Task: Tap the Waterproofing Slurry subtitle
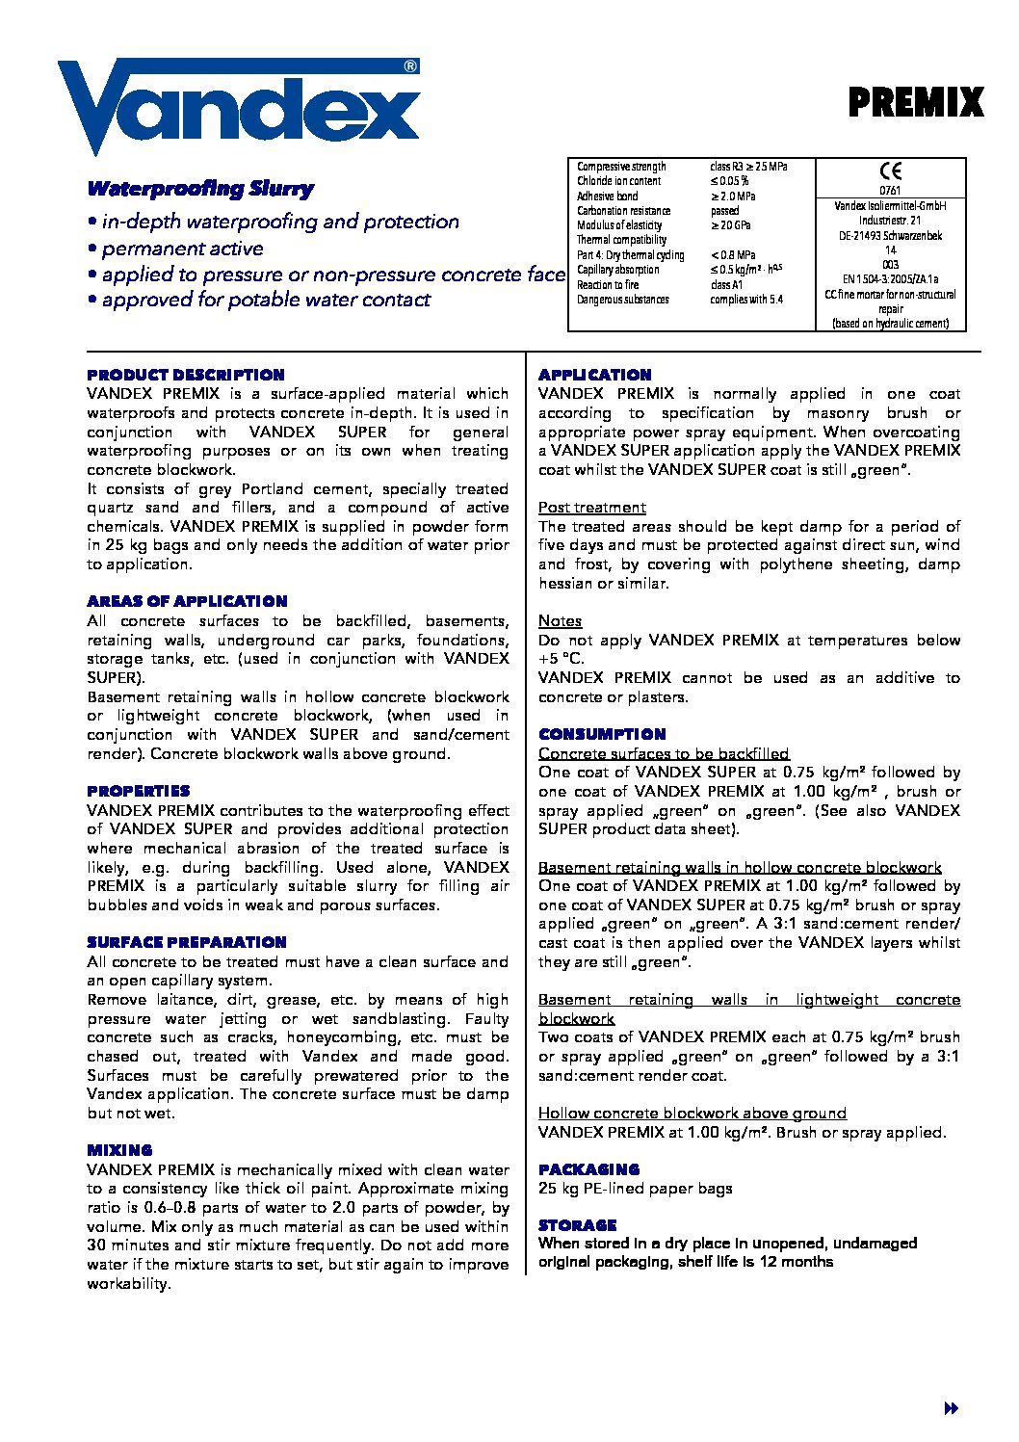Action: coord(200,189)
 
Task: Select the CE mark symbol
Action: coord(891,171)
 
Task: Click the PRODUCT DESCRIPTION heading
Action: coord(186,375)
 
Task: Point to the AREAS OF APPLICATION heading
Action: coord(187,601)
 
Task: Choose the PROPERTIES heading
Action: coord(139,791)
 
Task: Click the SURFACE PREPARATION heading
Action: coord(187,942)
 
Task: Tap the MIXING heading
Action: coord(119,1150)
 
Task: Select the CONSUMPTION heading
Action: coord(602,734)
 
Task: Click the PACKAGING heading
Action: coord(588,1169)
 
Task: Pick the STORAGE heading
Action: coord(577,1225)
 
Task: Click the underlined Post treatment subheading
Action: coord(592,508)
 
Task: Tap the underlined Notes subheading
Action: coord(560,621)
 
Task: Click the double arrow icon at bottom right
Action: coord(951,1408)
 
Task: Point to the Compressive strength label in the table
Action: coord(621,167)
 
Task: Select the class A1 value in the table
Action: coord(726,285)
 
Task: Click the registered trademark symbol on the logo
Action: coord(410,66)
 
